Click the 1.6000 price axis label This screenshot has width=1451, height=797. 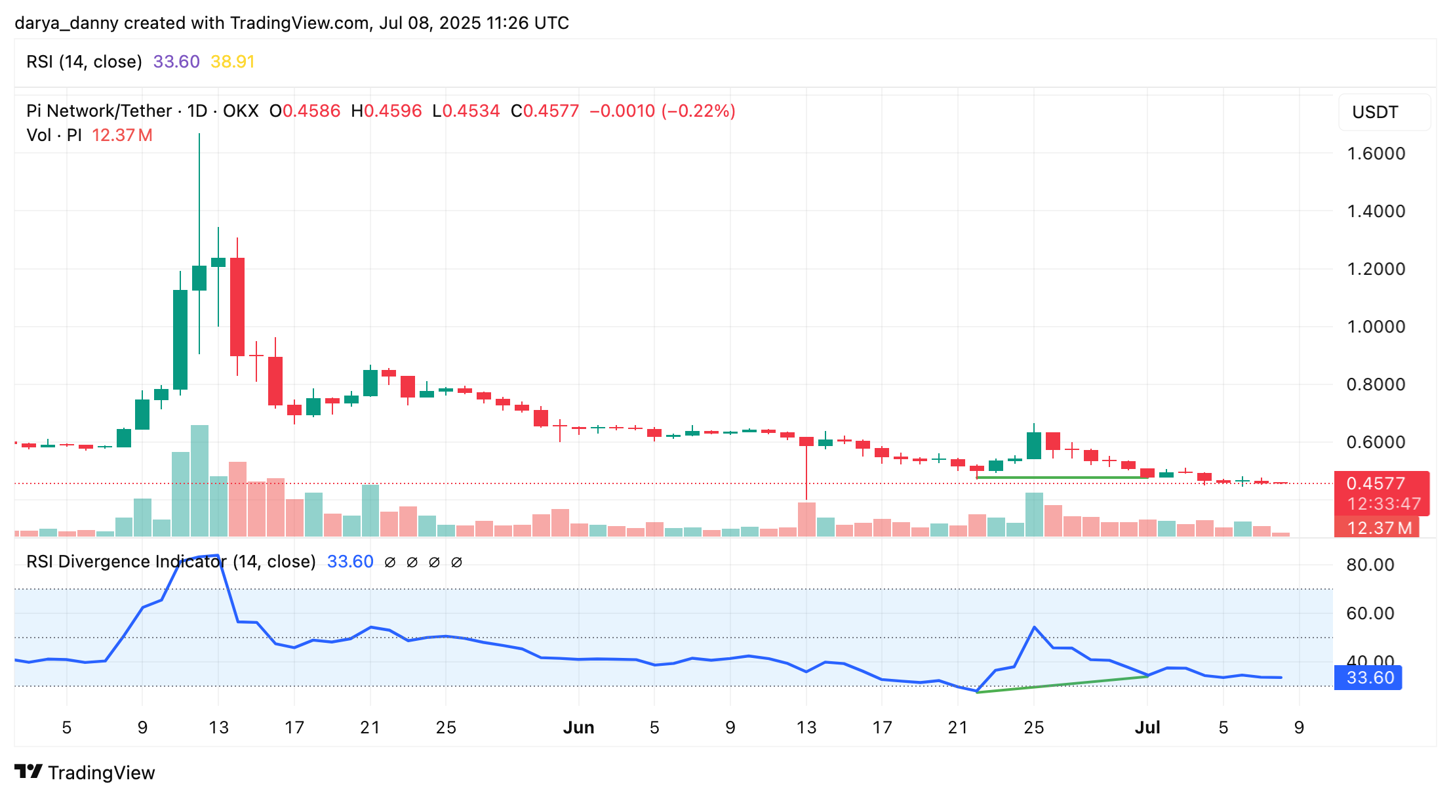pos(1375,153)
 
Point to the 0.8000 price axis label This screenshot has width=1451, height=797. pos(1375,384)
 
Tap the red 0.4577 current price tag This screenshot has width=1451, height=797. pos(1375,483)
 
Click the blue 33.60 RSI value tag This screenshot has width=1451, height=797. pos(1369,678)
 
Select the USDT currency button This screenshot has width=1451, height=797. pos(1375,112)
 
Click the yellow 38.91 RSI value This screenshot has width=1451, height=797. pos(232,62)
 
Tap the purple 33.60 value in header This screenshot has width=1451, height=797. pos(176,62)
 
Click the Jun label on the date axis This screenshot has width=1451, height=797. pos(578,727)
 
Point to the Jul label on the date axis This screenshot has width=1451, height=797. pos(1147,727)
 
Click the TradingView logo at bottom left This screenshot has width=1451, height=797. pos(85,772)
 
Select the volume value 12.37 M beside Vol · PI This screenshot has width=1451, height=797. pos(122,135)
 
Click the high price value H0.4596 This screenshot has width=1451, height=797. pos(387,111)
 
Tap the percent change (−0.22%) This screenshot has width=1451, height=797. pos(698,111)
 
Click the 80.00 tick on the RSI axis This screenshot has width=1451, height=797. pos(1370,565)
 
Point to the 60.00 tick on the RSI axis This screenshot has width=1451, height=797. pos(1370,613)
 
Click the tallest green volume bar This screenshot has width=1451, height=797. pos(199,481)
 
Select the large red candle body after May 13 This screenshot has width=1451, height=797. pos(237,307)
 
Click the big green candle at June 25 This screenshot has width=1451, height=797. pos(1034,445)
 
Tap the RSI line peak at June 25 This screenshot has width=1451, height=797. pos(1034,628)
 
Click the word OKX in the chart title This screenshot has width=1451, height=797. pos(241,111)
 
